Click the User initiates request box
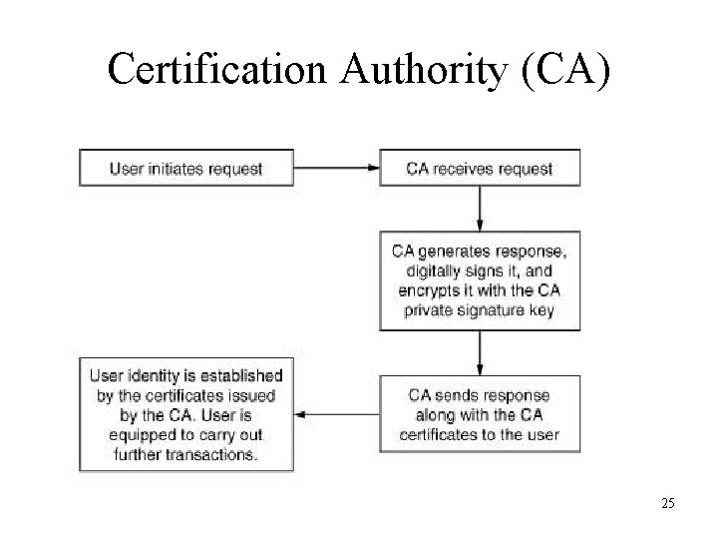click(x=186, y=168)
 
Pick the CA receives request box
click(x=480, y=168)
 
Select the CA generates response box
click(x=480, y=279)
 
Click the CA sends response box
click(x=480, y=413)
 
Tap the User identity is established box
click(x=186, y=413)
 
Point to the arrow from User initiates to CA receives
click(x=337, y=168)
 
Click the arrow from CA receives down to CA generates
click(x=480, y=208)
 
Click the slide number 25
click(x=667, y=503)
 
